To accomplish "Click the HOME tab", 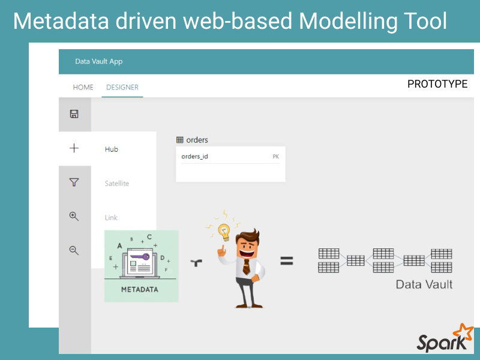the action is click(83, 87).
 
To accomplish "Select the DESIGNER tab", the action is click(122, 87).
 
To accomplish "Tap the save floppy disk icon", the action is click(74, 114).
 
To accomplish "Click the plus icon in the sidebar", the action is click(74, 148).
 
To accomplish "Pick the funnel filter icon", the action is click(74, 182).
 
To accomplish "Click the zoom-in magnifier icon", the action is click(74, 217).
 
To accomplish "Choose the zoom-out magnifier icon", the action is click(74, 250).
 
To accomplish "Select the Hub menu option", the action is click(111, 149).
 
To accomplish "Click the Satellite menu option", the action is click(116, 184).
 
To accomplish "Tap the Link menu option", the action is click(111, 217).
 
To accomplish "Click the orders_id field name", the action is click(194, 157).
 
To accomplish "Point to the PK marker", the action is click(276, 157).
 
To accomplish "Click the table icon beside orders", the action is click(179, 140).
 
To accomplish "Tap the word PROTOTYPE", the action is click(437, 84).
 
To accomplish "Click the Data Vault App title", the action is click(99, 61).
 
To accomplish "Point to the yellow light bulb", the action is click(224, 232).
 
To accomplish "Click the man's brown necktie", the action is click(246, 266).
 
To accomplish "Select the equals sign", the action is click(287, 261).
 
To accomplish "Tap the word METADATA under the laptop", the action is click(140, 290).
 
